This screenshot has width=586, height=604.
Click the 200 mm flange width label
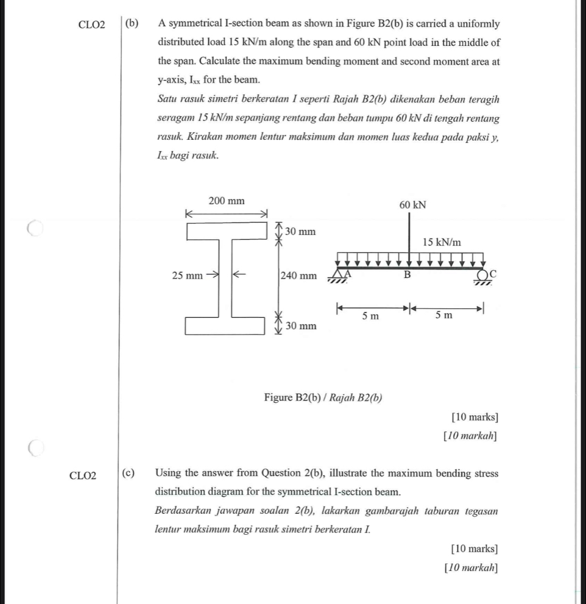[226, 201]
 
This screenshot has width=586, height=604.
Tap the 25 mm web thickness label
[187, 276]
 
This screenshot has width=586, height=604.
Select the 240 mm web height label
[298, 276]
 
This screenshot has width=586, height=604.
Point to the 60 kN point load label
[413, 205]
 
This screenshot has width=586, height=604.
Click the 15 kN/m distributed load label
[441, 242]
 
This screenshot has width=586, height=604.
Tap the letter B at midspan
[408, 275]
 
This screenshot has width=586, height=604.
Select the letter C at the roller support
[493, 274]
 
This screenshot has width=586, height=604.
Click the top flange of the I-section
[226, 232]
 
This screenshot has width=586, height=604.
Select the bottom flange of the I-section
[225, 326]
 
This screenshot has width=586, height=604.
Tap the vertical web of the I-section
[226, 279]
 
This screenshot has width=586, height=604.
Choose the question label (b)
[131, 23]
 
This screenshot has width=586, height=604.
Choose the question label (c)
[128, 473]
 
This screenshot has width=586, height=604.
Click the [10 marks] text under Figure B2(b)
[474, 417]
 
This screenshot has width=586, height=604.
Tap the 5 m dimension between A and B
[370, 316]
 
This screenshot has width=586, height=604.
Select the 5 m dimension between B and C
[444, 315]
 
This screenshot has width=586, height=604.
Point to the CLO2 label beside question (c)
[83, 475]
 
